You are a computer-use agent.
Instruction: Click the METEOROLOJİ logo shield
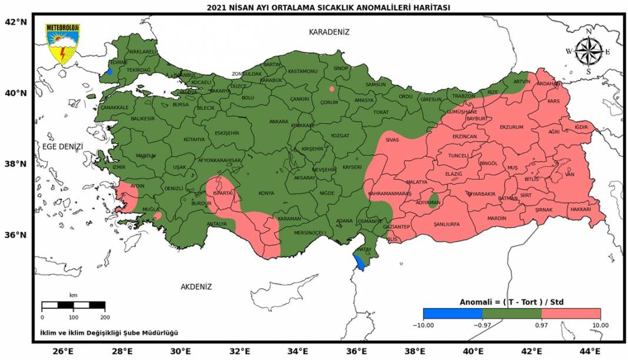pos(63,44)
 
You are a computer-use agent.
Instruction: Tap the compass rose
pos(587,51)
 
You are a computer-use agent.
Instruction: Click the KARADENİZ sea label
pos(329,32)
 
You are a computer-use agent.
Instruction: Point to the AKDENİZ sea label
pos(196,287)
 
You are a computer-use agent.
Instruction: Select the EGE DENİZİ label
pos(62,147)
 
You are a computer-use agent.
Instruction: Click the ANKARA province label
pos(279,122)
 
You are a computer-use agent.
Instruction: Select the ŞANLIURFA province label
pos(446,224)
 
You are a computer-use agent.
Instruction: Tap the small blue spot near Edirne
pos(109,72)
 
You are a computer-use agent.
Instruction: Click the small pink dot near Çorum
pos(332,89)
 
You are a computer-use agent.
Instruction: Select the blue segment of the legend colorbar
pos(452,314)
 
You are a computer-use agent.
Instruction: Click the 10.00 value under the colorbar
pos(600,325)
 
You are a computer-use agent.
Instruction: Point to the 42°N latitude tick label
pos(16,22)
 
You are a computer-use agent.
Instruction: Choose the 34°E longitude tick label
pos(298,352)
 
